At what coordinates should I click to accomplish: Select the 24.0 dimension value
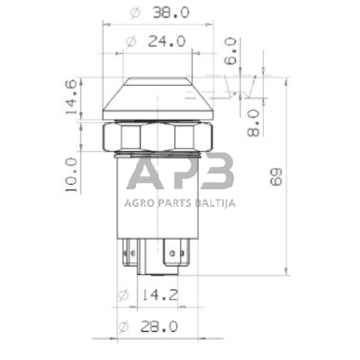[x=166, y=42]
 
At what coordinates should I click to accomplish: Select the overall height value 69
[x=300, y=176]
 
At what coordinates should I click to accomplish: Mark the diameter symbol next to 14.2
[x=124, y=297]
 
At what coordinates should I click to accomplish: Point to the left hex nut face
[x=120, y=139]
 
